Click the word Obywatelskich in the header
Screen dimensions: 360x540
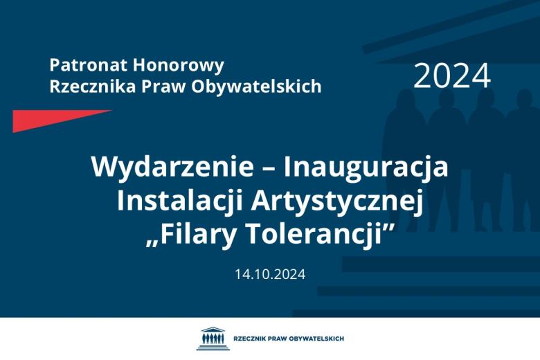click(x=258, y=86)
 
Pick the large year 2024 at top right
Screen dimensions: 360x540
click(x=452, y=76)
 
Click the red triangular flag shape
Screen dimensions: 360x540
click(x=48, y=119)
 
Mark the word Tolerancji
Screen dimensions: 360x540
click(x=318, y=234)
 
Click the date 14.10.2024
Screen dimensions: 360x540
click(x=270, y=273)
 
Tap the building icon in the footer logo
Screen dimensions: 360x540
click(x=209, y=339)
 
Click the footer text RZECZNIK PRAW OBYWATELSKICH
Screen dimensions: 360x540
click(x=289, y=339)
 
